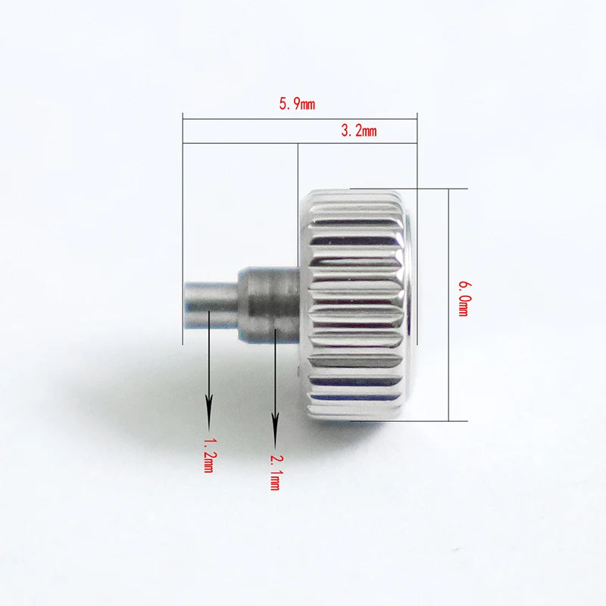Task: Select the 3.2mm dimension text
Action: [x=359, y=131]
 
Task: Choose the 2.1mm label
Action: [x=275, y=470]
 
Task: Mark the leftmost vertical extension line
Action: [x=183, y=227]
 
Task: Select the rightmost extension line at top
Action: [x=417, y=151]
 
